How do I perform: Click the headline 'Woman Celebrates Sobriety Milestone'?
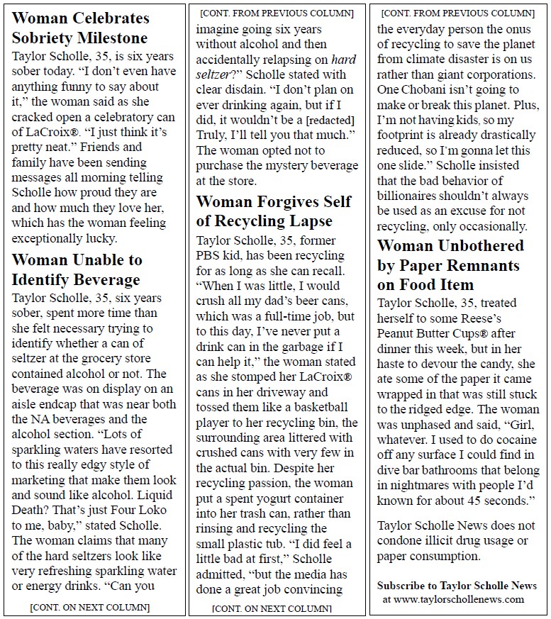click(80, 28)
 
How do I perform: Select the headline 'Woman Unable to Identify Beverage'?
click(77, 270)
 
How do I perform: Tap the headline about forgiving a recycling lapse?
click(274, 211)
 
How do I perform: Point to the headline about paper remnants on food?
click(450, 265)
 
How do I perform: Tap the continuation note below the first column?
click(90, 607)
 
